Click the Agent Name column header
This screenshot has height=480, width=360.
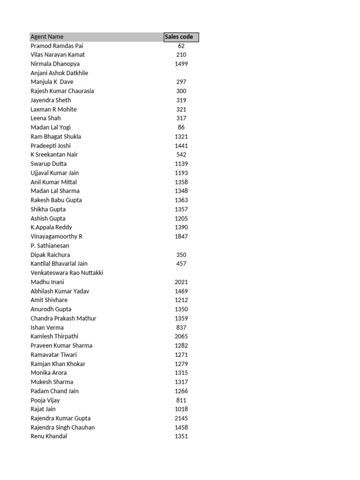[47, 37]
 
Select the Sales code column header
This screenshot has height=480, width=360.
[181, 37]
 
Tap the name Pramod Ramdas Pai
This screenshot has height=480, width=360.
[57, 46]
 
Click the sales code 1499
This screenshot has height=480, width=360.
[181, 64]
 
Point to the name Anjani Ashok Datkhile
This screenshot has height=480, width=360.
[59, 73]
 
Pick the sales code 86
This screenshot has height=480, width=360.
[181, 127]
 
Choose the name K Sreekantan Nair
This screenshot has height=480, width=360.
[54, 155]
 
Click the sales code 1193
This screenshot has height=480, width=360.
[181, 173]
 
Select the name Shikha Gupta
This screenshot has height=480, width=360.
[48, 210]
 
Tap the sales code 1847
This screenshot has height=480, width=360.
[181, 237]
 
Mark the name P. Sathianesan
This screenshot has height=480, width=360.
[50, 246]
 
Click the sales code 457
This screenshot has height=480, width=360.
[181, 264]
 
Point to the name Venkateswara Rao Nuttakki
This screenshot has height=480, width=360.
[67, 273]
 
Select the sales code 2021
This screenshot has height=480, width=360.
[181, 282]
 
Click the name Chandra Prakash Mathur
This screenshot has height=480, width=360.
[63, 318]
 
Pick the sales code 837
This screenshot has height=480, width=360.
[181, 328]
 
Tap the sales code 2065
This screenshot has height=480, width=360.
[181, 337]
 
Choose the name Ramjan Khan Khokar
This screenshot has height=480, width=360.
[58, 364]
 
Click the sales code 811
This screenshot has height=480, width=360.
[181, 400]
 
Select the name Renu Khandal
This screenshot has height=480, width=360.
[49, 436]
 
